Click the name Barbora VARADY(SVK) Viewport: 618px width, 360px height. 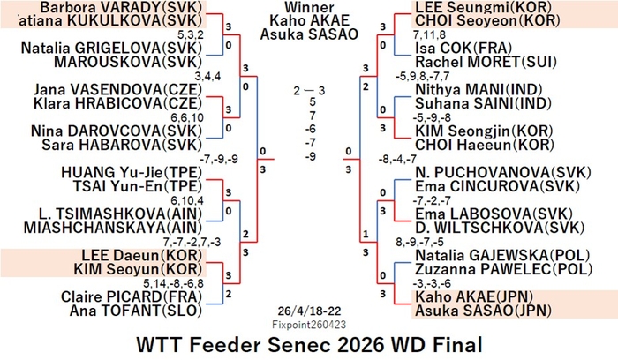click(x=121, y=7)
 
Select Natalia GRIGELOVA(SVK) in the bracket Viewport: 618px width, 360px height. click(x=111, y=48)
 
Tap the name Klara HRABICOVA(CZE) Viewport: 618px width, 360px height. click(x=117, y=103)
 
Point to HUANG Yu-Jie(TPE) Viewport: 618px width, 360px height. click(x=132, y=173)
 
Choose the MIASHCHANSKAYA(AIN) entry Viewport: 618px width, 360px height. click(x=113, y=228)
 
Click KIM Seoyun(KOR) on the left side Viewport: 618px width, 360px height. click(x=138, y=269)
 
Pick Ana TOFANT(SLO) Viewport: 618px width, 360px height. click(x=136, y=311)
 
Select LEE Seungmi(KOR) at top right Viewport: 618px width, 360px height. click(x=483, y=7)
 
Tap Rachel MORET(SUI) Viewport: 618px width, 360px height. click(x=486, y=62)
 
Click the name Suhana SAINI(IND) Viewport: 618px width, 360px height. click(x=483, y=103)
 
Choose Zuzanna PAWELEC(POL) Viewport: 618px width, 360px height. click(x=504, y=269)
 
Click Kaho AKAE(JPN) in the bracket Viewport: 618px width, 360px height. click(x=474, y=296)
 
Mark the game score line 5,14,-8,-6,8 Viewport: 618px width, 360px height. click(x=173, y=283)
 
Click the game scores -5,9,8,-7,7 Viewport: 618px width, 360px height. click(x=423, y=76)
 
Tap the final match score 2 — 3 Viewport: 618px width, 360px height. click(x=309, y=91)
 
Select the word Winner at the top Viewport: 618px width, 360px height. click(x=309, y=7)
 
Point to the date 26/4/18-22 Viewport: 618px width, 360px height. click(x=309, y=311)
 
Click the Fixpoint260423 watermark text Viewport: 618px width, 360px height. click(x=309, y=325)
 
